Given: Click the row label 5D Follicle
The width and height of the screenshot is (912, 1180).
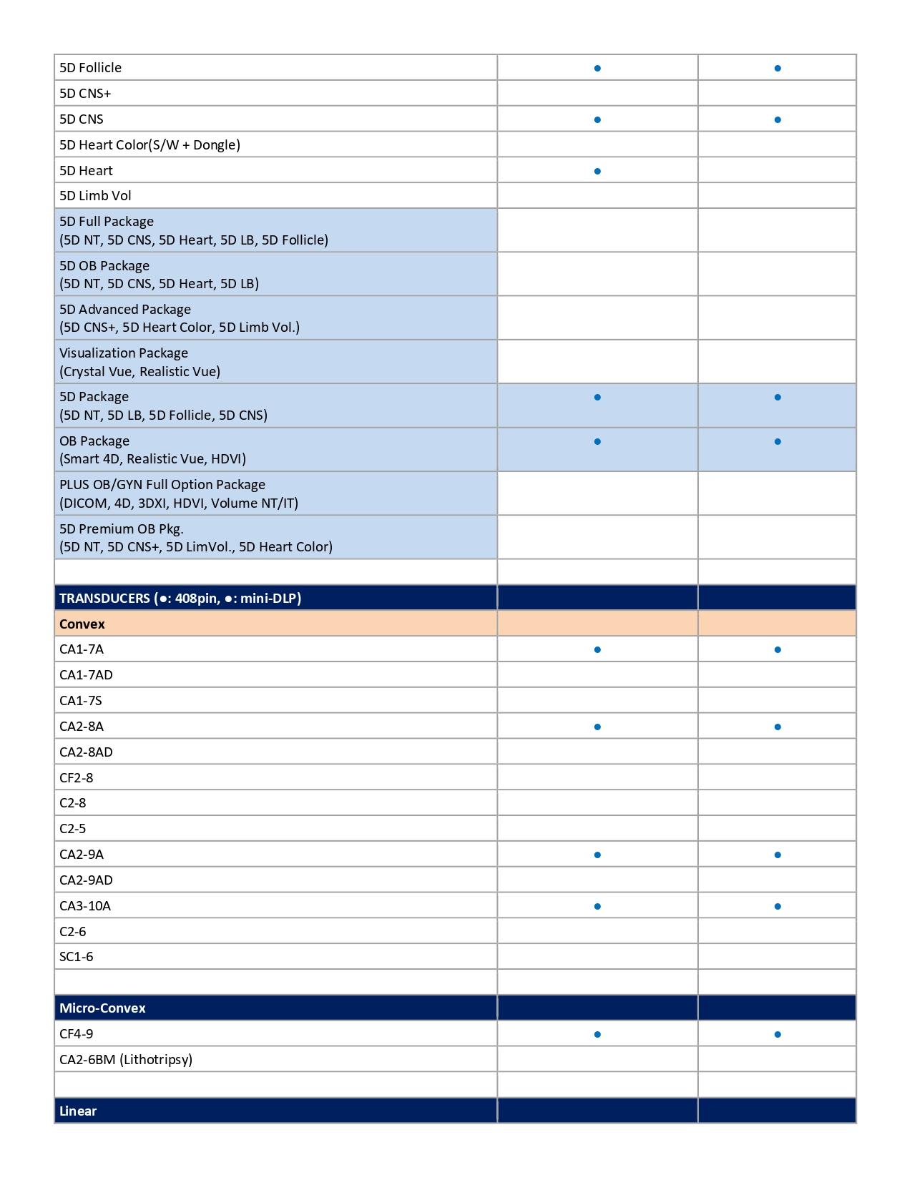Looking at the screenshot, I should [x=90, y=68].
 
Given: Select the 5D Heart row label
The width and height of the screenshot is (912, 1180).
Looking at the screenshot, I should [x=86, y=171].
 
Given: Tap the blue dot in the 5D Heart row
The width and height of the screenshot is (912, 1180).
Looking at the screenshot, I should [x=597, y=172].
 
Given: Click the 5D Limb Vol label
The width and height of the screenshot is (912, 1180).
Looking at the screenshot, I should [x=95, y=196].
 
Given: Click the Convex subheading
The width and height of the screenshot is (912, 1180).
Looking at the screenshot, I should [x=82, y=624].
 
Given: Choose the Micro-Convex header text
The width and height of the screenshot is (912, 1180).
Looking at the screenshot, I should [x=102, y=1008].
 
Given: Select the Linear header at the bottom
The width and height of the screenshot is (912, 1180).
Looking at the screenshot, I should [x=78, y=1111].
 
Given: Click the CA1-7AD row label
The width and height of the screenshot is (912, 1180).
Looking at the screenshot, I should [x=86, y=675].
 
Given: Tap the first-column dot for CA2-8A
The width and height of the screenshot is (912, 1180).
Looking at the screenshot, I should [x=597, y=727].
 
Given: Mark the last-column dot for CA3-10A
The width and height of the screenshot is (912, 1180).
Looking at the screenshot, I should [x=778, y=907].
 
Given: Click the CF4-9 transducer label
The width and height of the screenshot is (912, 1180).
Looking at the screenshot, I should [x=76, y=1034].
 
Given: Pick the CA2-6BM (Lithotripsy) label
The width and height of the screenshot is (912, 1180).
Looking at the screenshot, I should [x=126, y=1060].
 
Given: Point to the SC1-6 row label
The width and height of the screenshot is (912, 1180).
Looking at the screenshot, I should [x=76, y=957].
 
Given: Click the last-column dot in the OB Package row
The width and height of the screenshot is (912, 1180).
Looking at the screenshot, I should [x=778, y=442].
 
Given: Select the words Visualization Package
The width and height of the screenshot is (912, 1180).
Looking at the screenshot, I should [x=124, y=353].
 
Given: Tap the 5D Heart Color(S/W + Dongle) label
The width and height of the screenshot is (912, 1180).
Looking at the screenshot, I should [x=149, y=145].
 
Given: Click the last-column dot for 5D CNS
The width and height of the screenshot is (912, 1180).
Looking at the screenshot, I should [x=778, y=120].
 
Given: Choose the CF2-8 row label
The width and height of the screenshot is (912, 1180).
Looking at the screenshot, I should [x=76, y=778].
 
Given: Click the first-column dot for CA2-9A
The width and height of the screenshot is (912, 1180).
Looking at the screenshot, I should [x=597, y=855].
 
